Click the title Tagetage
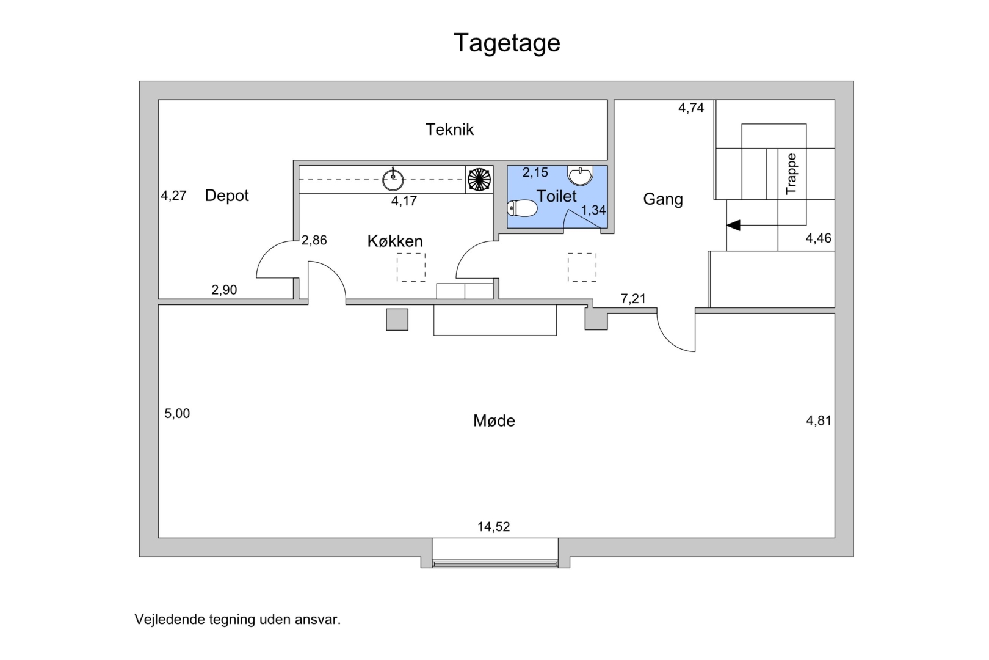tap(507, 43)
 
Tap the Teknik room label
tap(450, 130)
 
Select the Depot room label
tap(226, 196)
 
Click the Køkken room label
tap(395, 241)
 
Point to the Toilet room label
tap(556, 196)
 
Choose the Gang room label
tap(663, 199)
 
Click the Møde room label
tap(494, 420)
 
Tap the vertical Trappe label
tap(791, 174)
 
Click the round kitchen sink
tap(393, 180)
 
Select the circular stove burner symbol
tap(479, 180)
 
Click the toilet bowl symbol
tap(522, 209)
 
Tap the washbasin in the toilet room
tap(579, 175)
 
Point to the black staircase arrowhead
tap(733, 225)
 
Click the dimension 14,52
tap(493, 527)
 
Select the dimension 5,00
tap(177, 414)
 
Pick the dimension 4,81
tap(819, 420)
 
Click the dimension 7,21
tap(633, 299)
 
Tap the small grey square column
tap(397, 320)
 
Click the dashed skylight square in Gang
tap(582, 267)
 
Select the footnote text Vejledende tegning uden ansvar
tap(237, 619)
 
